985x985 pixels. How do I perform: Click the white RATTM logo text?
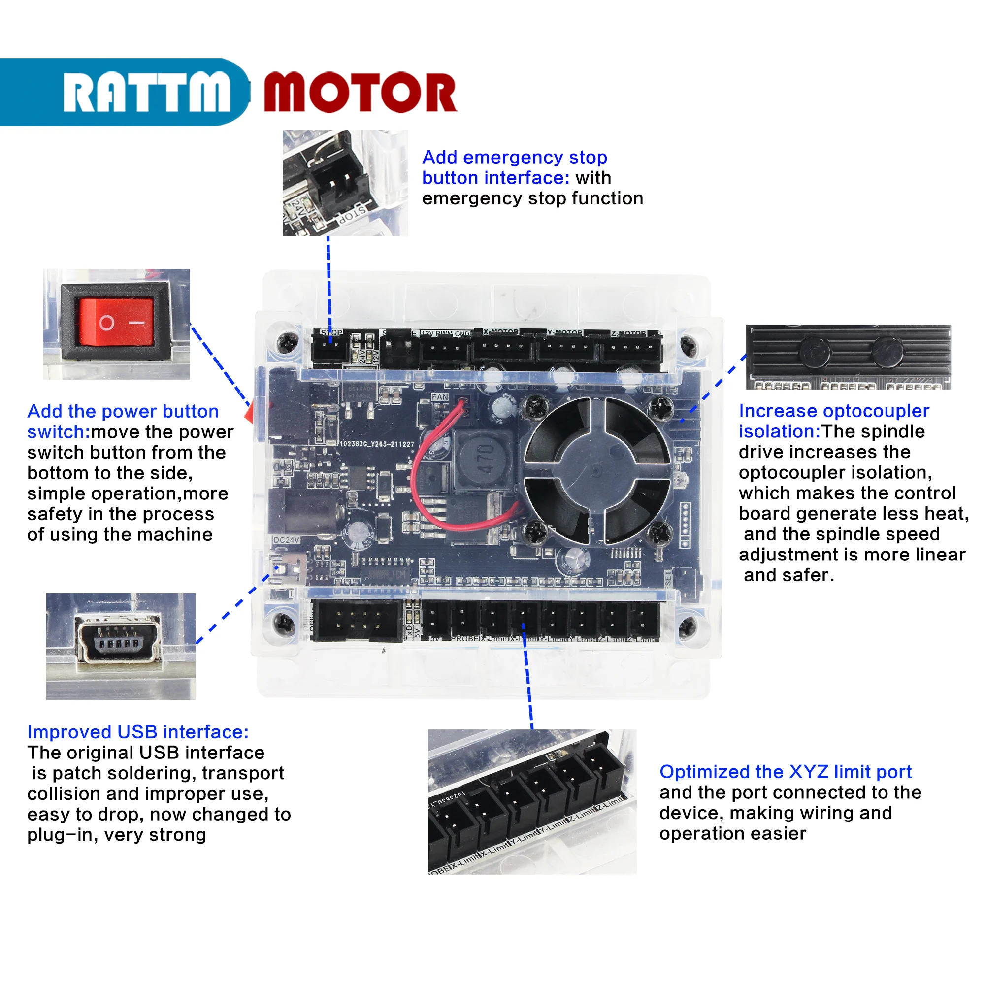(146, 92)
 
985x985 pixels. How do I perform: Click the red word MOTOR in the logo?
(360, 92)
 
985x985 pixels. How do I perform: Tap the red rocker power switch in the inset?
(116, 322)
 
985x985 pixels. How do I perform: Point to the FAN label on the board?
(439, 397)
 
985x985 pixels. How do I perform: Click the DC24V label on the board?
(286, 539)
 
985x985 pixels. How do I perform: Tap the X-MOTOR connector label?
(501, 332)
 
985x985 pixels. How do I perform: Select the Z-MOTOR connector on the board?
(631, 350)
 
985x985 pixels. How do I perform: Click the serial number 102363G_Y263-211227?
(377, 444)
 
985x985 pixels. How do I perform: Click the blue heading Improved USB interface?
(138, 732)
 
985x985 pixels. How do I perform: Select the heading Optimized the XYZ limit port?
(785, 772)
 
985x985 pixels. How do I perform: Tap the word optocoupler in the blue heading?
(877, 411)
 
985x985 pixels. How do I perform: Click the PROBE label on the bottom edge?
(464, 638)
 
